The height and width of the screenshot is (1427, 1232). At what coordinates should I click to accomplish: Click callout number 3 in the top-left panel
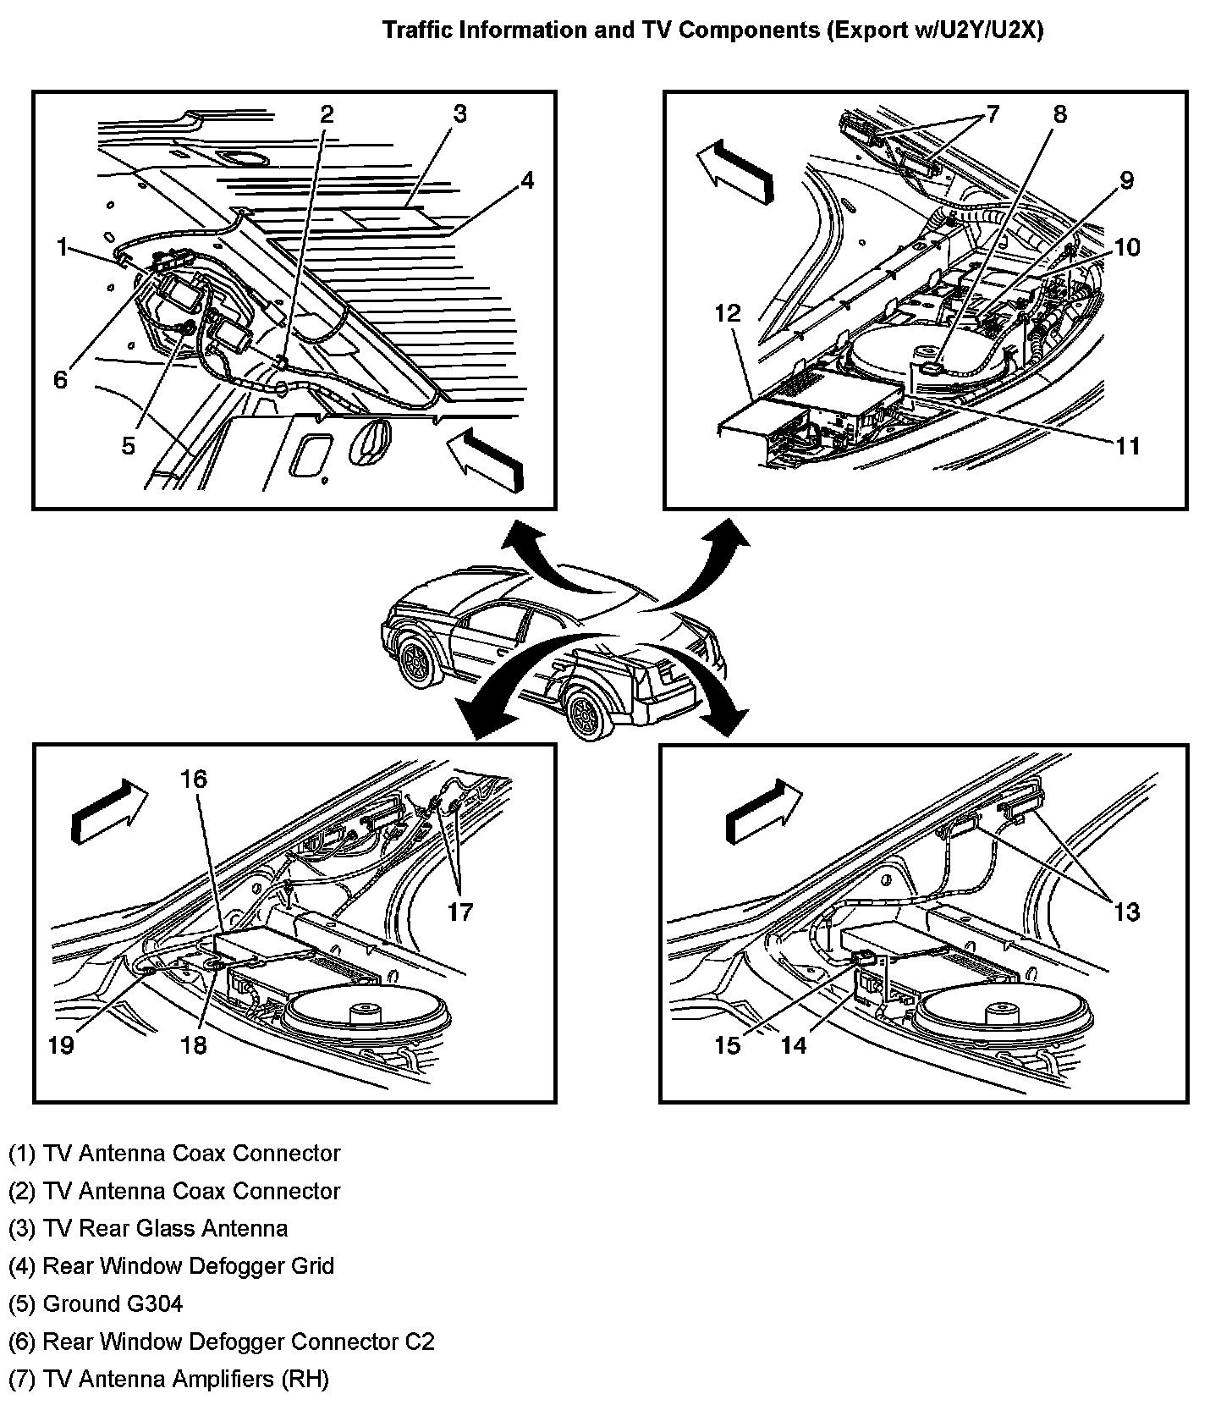[459, 114]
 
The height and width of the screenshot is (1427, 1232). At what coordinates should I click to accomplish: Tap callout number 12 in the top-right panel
[728, 314]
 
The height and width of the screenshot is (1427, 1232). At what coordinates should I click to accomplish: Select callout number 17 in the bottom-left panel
[460, 912]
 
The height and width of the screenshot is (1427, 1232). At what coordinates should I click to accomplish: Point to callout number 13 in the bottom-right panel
[1127, 912]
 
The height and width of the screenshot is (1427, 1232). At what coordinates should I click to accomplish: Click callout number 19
[61, 1045]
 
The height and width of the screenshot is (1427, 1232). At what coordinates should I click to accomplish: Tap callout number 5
[128, 445]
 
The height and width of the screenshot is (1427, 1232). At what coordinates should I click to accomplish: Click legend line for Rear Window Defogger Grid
[172, 1266]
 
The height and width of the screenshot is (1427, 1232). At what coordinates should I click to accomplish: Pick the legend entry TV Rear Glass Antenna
[148, 1228]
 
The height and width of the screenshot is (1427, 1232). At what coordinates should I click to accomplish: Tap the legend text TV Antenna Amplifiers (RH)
[168, 1380]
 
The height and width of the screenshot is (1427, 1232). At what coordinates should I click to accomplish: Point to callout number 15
[728, 1045]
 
